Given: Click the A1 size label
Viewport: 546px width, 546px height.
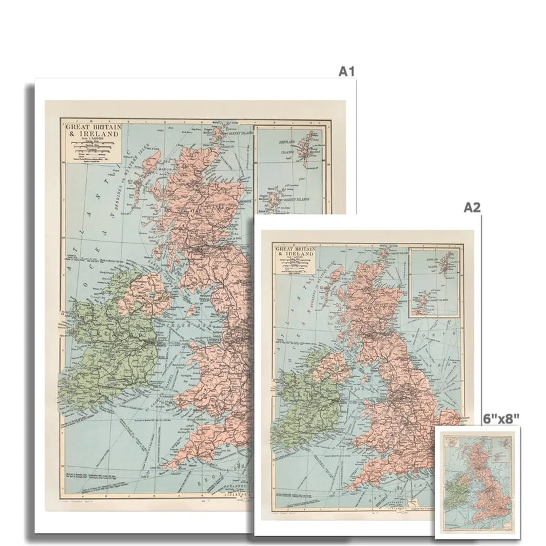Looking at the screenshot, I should click(x=346, y=71).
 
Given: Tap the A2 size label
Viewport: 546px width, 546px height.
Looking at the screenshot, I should click(x=472, y=207).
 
